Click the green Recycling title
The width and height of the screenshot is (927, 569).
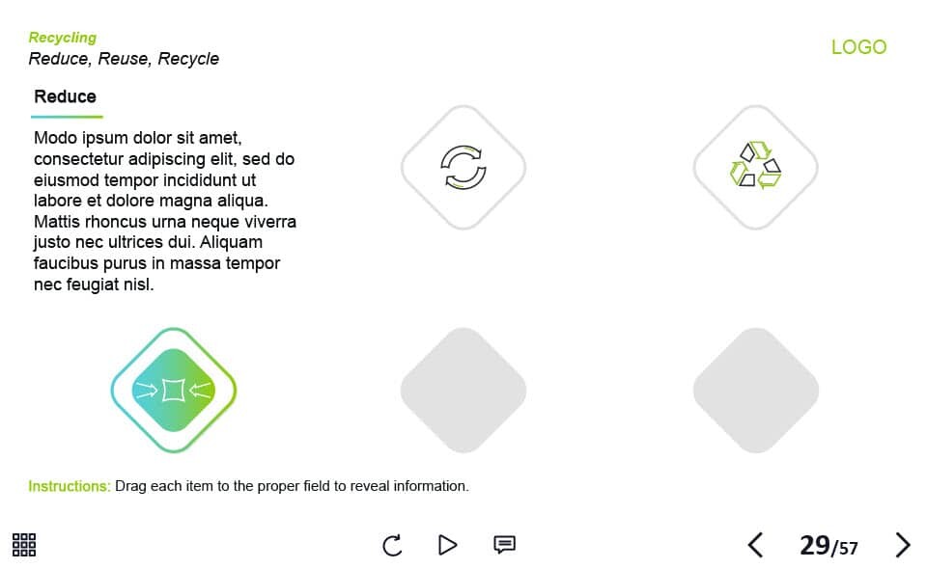(63, 38)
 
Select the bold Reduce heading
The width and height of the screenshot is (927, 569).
(65, 96)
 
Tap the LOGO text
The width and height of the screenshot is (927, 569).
(859, 46)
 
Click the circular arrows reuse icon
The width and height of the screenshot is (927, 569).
(463, 167)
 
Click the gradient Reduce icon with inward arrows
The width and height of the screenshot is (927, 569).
(174, 391)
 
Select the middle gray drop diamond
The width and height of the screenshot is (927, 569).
(463, 391)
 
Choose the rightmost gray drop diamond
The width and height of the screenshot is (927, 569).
(755, 391)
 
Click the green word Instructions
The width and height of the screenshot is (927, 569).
(70, 486)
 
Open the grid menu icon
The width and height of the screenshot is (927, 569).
(24, 544)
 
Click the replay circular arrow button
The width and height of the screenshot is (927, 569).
(392, 545)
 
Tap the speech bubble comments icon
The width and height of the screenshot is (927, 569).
(504, 544)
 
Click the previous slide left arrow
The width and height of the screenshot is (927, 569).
(755, 545)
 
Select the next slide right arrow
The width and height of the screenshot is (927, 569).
(902, 545)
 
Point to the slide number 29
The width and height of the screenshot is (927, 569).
(815, 545)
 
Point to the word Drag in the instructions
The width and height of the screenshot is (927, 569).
(130, 486)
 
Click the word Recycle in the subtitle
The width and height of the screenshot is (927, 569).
(188, 59)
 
